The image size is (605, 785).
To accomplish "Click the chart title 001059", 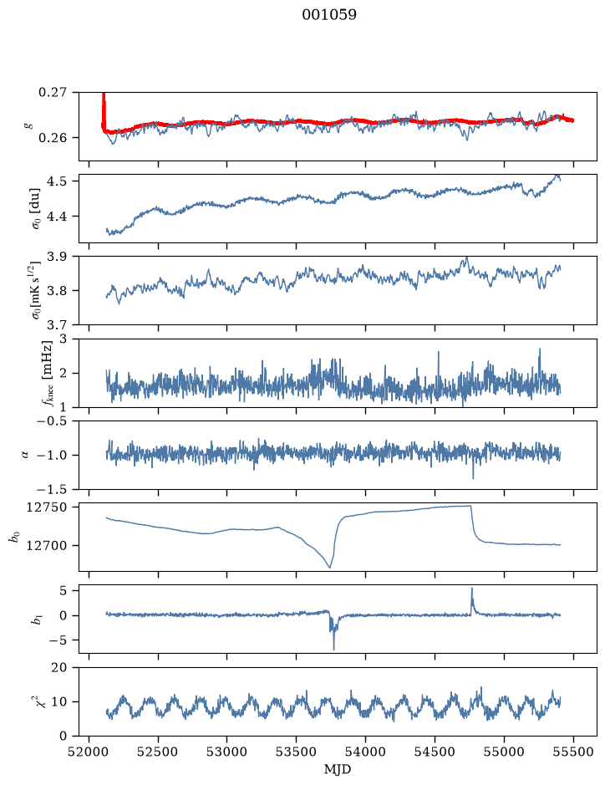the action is click(329, 15).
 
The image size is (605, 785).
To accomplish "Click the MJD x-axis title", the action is click(338, 769).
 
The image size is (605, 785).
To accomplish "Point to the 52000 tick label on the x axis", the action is click(89, 752).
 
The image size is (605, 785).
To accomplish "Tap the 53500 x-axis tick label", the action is click(297, 752).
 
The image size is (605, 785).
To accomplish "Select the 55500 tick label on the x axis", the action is click(573, 752).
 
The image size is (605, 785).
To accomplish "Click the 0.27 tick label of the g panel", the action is click(52, 92).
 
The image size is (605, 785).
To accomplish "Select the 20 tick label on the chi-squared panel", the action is click(59, 667).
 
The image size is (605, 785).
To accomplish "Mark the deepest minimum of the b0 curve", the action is click(330, 567).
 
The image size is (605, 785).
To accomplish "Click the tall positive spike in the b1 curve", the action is click(471, 589).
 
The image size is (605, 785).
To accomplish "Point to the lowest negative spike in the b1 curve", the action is click(333, 649).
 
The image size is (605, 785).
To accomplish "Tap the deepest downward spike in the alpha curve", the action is click(473, 478).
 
